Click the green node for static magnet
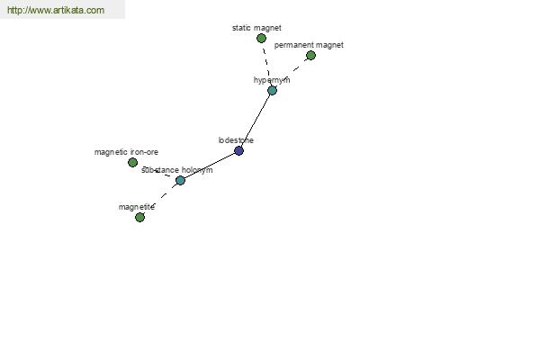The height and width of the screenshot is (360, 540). [261, 38]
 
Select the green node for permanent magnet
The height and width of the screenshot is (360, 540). [310, 56]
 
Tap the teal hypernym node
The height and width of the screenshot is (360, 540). [272, 91]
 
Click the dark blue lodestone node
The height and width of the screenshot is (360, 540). [238, 150]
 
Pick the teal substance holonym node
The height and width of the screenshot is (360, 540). [180, 180]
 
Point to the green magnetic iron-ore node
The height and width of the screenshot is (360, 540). [132, 162]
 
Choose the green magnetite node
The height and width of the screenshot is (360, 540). [139, 218]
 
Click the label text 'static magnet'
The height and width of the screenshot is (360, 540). [256, 28]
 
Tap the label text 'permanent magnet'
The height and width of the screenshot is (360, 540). [309, 45]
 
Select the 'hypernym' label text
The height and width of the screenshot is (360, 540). [272, 80]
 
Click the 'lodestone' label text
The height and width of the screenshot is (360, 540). [236, 140]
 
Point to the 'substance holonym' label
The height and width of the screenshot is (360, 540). [177, 170]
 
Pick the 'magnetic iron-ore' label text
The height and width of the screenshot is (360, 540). [126, 152]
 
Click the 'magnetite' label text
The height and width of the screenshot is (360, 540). [137, 207]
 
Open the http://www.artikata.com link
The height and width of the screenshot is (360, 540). [56, 10]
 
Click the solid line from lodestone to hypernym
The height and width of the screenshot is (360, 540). [256, 121]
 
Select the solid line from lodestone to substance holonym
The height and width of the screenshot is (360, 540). [210, 166]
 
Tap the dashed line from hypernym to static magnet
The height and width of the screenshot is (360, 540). [266, 65]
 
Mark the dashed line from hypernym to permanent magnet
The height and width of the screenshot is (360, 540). [292, 73]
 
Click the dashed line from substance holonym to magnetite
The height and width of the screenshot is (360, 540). [160, 199]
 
